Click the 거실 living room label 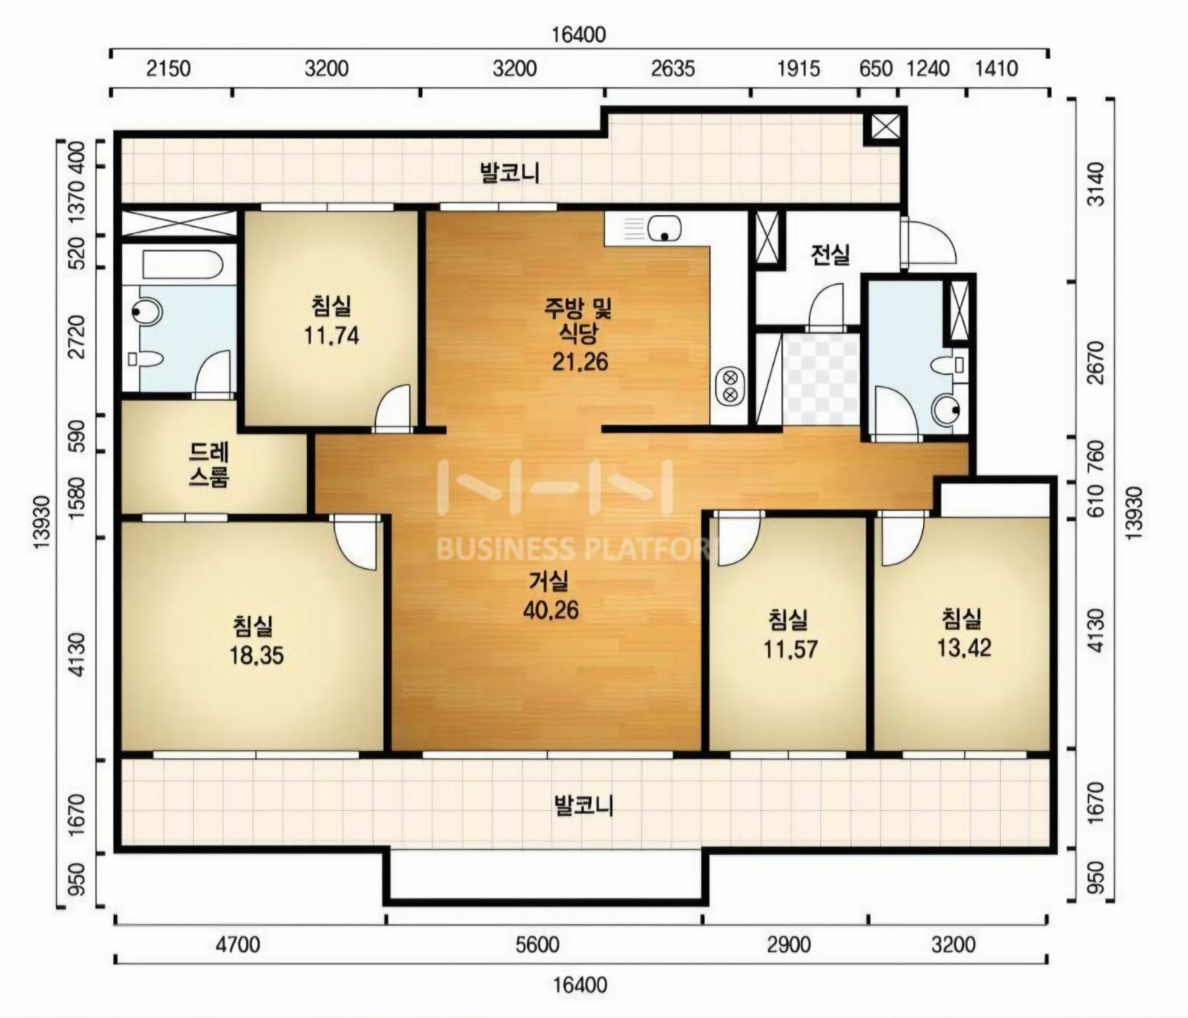tap(549, 582)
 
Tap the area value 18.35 tap(257, 655)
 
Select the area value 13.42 tap(964, 648)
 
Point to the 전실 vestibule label tap(830, 254)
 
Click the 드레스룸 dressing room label tap(210, 465)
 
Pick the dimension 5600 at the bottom tap(537, 945)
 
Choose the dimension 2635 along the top tap(673, 69)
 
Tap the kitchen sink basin tap(664, 228)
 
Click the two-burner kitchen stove tap(730, 386)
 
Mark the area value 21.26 tap(579, 363)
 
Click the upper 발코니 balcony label tap(510, 173)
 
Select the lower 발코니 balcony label tap(583, 805)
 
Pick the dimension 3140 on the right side tap(1096, 184)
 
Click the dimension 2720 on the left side tap(76, 336)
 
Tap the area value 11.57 tap(790, 650)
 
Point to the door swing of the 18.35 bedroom tap(356, 542)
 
